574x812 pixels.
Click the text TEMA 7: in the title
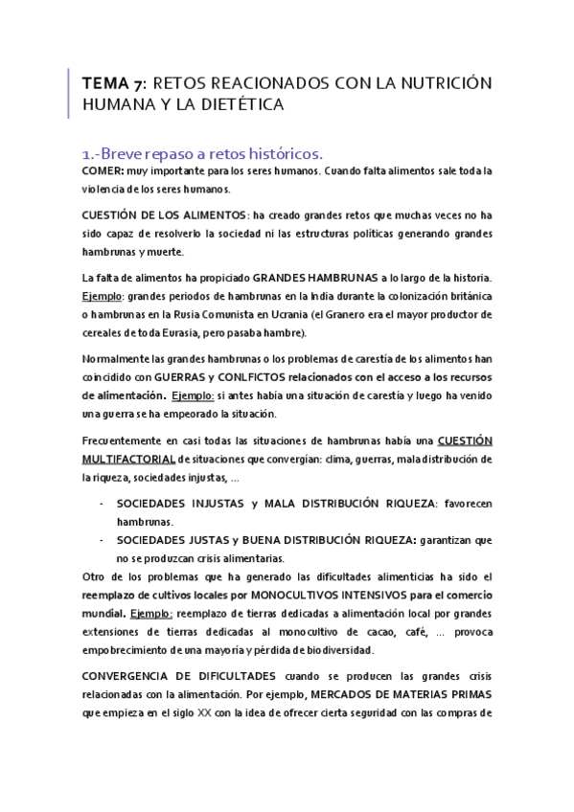(x=113, y=83)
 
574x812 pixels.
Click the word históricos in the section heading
(x=279, y=153)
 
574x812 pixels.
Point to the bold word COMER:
(x=103, y=171)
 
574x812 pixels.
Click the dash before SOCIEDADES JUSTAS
(x=102, y=539)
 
